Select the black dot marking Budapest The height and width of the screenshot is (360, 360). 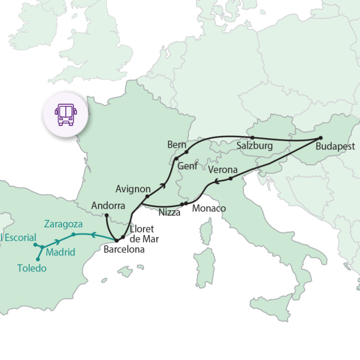coord(320,138)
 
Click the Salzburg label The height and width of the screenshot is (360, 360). coord(254,146)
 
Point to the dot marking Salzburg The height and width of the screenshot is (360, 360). coord(252,137)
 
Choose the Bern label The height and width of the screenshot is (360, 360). coord(176,145)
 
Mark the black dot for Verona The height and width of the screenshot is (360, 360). coord(231,178)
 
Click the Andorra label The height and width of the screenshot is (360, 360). coord(108,205)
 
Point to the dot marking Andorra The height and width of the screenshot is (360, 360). coord(106,215)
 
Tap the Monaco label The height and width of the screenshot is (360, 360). coord(209,209)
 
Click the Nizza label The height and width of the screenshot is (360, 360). coord(169,213)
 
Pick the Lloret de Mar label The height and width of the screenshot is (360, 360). coord(144,233)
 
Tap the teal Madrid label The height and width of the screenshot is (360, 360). coord(60,252)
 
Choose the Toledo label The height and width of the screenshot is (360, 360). coord(31,268)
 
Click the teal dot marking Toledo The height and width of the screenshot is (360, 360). coord(38,259)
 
